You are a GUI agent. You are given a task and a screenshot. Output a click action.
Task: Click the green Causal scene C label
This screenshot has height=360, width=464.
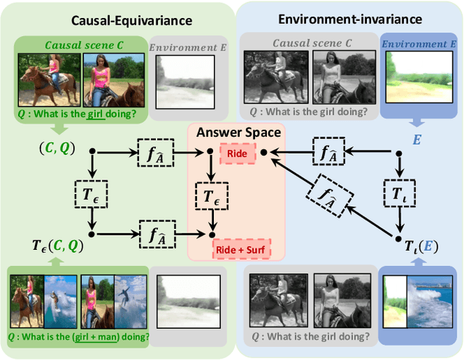(84, 45)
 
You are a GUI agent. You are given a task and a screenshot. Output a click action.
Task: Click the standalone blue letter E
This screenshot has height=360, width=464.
(416, 138)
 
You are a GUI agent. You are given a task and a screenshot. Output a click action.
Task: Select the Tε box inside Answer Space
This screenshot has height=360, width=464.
(210, 193)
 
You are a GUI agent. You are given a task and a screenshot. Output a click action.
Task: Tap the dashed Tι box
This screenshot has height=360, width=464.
(397, 193)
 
